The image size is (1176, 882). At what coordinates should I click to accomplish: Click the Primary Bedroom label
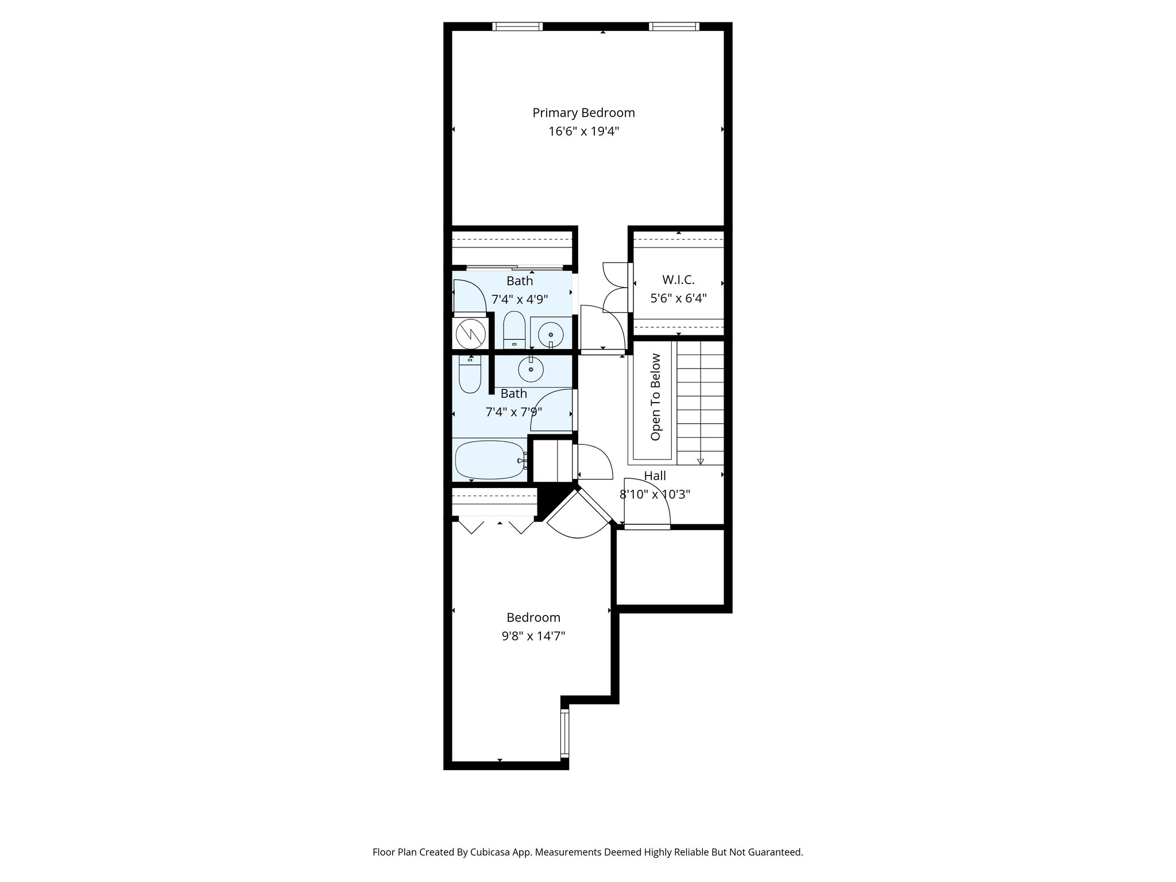[583, 113]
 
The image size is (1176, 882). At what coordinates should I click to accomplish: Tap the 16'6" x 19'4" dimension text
[583, 131]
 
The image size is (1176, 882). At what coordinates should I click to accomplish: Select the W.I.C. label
[678, 280]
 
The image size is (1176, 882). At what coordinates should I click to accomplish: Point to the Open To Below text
[655, 397]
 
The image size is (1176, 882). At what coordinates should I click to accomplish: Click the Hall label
[655, 476]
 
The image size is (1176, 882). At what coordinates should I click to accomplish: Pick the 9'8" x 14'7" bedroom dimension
[533, 636]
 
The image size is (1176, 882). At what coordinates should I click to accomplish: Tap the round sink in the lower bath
[531, 369]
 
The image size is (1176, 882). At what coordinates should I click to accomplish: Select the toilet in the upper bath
[514, 330]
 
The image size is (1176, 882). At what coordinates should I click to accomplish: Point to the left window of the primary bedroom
[517, 26]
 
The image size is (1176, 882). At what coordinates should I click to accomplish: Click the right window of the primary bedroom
[674, 26]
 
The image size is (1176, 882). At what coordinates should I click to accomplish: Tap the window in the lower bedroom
[564, 732]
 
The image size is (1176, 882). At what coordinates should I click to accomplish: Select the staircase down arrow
[701, 461]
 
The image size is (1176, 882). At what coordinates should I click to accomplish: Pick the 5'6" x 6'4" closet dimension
[678, 299]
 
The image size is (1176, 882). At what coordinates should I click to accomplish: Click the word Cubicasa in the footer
[492, 852]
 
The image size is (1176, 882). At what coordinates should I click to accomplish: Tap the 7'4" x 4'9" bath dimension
[520, 299]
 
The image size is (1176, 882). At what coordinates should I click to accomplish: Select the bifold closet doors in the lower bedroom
[497, 525]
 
